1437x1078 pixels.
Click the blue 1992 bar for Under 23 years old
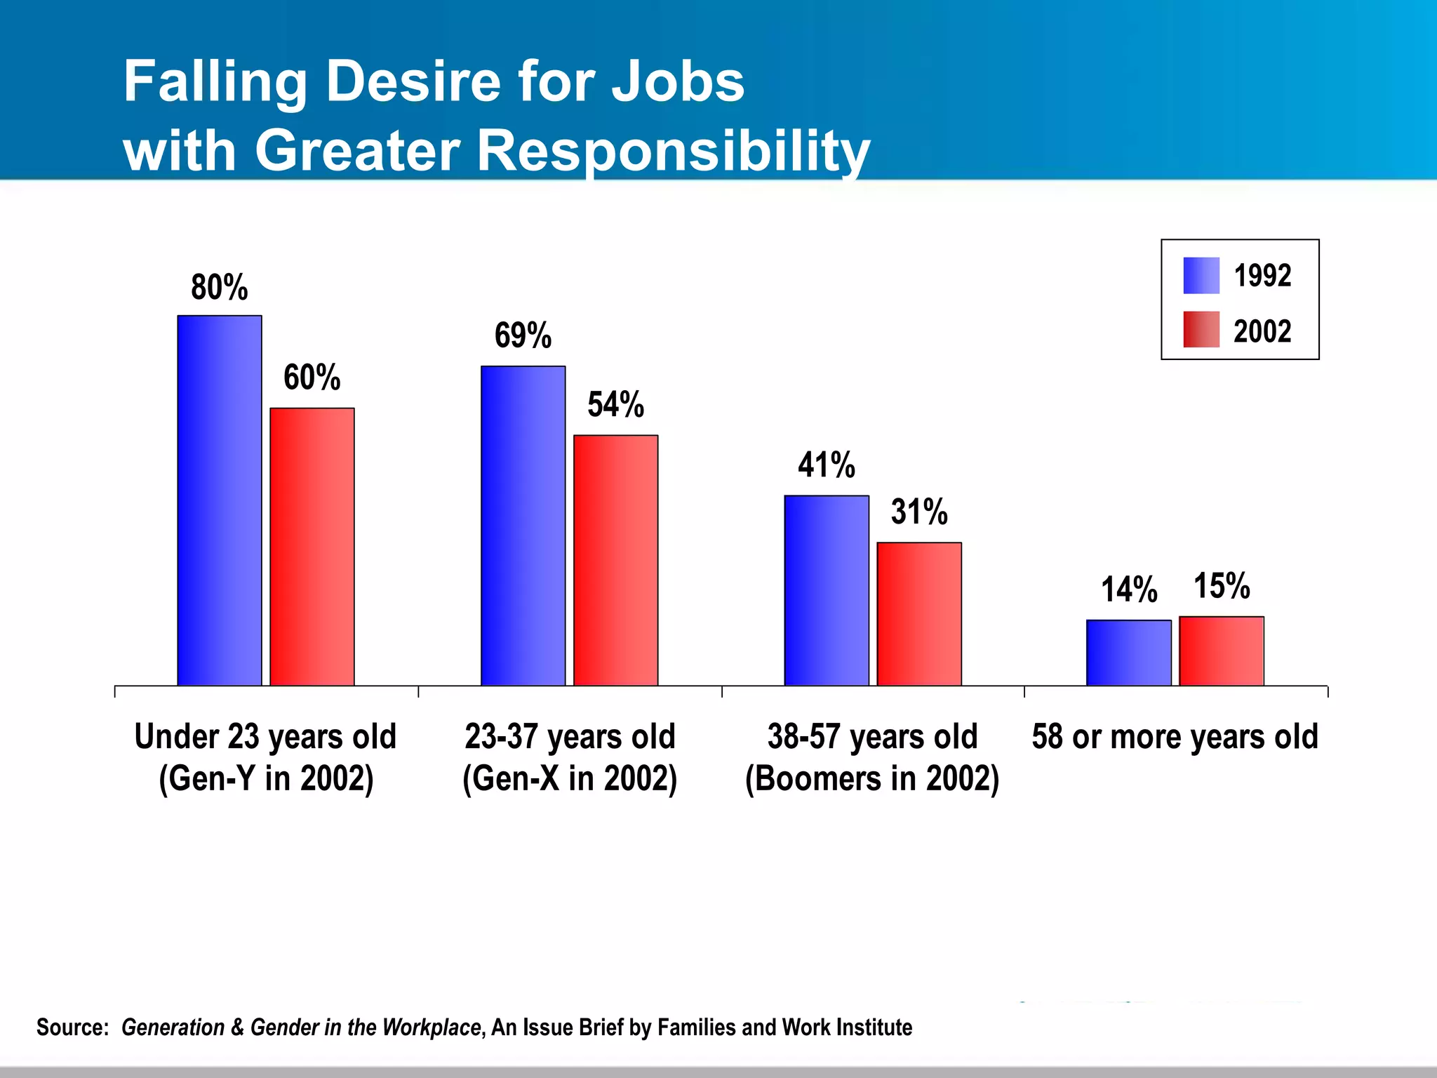point(219,500)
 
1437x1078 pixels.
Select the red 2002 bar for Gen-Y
point(312,547)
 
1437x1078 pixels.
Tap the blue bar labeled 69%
point(523,526)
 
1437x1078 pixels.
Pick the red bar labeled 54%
point(615,560)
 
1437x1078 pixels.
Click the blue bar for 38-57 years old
point(826,590)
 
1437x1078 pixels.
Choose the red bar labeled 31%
point(919,614)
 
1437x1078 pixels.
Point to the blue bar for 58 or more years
point(1128,653)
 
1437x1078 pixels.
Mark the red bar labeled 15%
point(1221,651)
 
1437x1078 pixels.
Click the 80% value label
point(219,288)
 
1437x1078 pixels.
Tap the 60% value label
point(312,378)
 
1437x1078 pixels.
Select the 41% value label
point(826,465)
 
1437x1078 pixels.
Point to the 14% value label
point(1128,590)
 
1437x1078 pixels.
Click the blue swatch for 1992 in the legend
point(1201,276)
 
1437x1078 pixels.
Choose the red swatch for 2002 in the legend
point(1201,330)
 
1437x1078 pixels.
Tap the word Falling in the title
point(215,82)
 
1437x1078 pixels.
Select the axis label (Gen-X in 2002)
point(570,779)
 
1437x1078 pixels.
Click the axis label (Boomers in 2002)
point(872,779)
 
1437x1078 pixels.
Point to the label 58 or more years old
point(1175,737)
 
